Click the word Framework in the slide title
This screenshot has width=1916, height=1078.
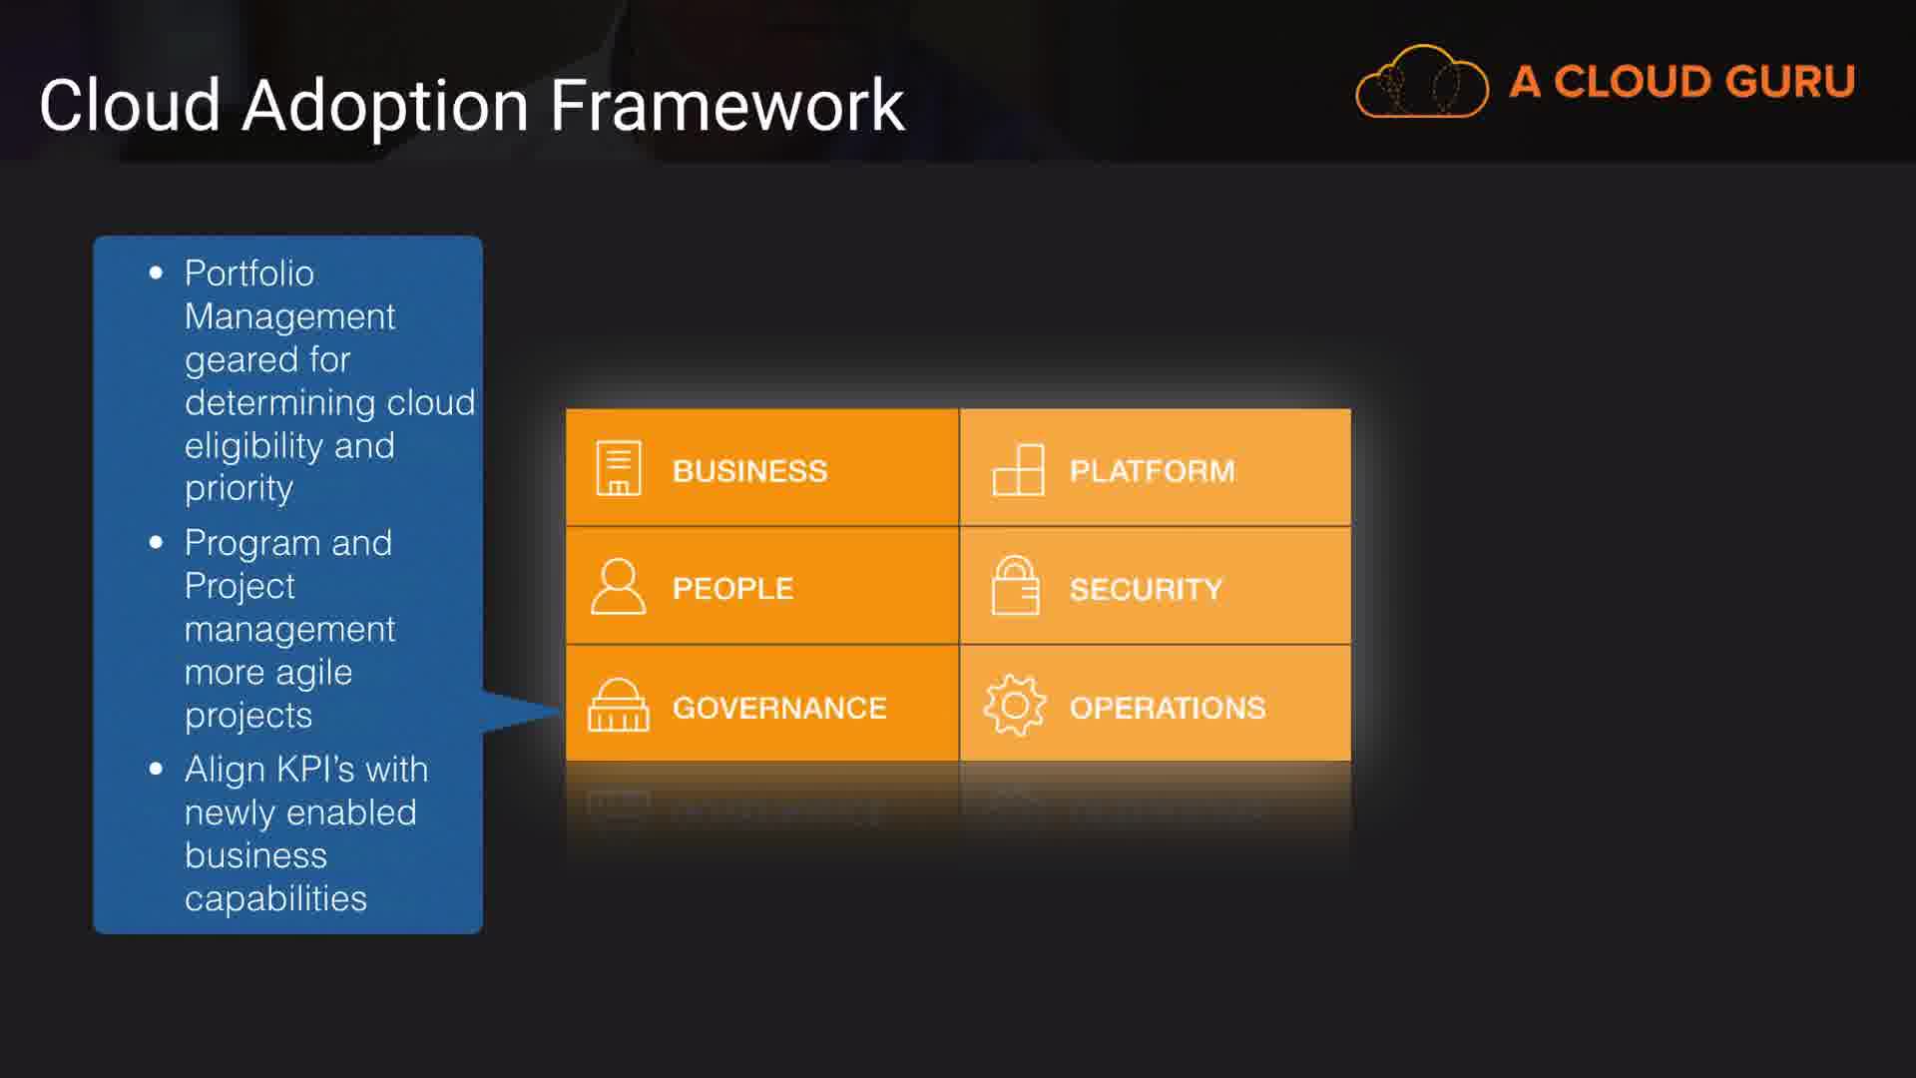pos(727,106)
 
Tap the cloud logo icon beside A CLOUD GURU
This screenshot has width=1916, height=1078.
pos(1422,83)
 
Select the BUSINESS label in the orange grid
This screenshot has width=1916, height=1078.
pos(749,471)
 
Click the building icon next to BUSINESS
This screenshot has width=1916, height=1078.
pos(619,467)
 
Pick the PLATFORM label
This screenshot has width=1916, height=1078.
pos(1152,471)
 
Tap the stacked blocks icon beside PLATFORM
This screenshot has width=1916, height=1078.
pos(1018,469)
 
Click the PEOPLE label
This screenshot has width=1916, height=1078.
pos(732,589)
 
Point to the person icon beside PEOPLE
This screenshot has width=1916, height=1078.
pos(618,586)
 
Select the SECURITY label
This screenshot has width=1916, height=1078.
pos(1146,589)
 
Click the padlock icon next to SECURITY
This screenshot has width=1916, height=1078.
pos(1015,586)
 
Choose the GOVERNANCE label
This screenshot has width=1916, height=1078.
pos(778,708)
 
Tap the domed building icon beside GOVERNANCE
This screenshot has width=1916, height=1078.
pos(618,705)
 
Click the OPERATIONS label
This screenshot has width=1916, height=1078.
pos(1167,708)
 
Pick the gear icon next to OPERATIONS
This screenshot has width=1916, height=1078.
pos(1015,705)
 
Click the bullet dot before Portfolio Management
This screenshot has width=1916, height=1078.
pos(156,272)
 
